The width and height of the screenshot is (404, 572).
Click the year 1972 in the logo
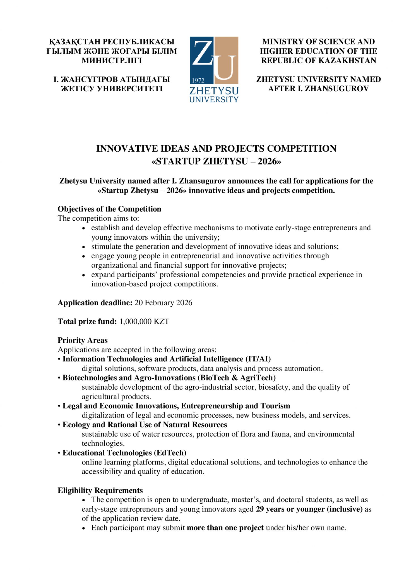click(x=198, y=80)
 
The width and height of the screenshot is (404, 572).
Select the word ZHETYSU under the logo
click(x=214, y=91)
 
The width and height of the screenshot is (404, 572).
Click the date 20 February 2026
click(x=163, y=303)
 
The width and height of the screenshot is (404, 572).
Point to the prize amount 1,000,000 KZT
click(x=144, y=321)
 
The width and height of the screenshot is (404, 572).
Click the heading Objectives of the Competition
click(x=109, y=209)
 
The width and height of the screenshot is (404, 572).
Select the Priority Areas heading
click(x=83, y=340)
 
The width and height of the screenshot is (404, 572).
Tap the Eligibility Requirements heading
click(x=100, y=490)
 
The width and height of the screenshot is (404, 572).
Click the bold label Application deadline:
click(x=95, y=303)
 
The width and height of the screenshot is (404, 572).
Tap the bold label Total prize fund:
click(x=87, y=321)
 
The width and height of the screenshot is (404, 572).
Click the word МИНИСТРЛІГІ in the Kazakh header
click(x=112, y=61)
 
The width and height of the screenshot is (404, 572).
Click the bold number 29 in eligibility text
click(x=260, y=509)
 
